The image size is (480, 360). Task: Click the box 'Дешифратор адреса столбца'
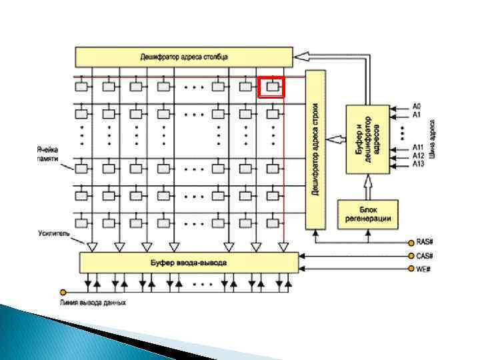tap(184, 57)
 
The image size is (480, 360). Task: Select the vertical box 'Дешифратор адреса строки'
tap(315, 149)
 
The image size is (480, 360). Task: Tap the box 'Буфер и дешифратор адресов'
tap(367, 139)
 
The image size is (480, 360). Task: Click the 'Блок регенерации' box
tap(367, 213)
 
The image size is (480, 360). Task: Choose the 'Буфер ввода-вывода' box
tap(189, 263)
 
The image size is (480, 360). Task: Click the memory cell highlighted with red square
tap(271, 87)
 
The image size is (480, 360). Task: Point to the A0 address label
tap(417, 106)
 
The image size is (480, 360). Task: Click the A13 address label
tap(418, 163)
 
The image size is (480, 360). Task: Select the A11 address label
tap(418, 147)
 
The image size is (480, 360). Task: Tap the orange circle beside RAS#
tap(410, 243)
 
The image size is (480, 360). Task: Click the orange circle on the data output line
tap(63, 292)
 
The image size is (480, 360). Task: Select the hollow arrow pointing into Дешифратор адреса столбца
tap(304, 57)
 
